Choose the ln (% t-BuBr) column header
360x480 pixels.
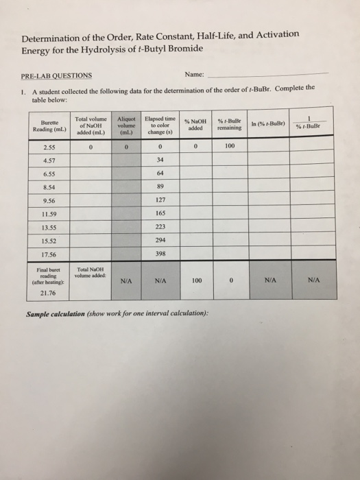pyautogui.click(x=272, y=123)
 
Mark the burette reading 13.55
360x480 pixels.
pyautogui.click(x=48, y=228)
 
